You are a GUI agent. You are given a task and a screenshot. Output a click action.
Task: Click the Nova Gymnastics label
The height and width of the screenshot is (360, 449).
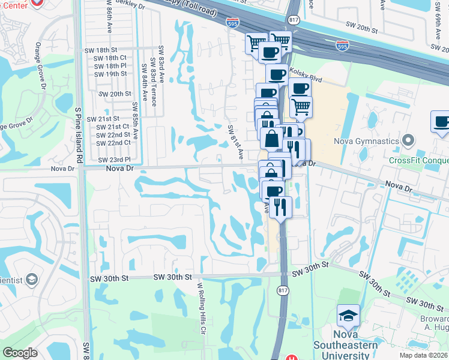tap(367, 142)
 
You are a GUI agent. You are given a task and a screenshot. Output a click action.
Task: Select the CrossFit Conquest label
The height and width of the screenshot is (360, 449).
tap(418, 160)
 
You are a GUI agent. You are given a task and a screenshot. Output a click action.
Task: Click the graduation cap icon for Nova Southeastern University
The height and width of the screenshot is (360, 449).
tap(348, 315)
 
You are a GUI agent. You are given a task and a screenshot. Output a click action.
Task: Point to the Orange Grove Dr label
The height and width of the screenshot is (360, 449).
tap(40, 67)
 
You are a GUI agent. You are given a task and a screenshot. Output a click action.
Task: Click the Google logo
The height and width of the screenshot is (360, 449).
tap(20, 353)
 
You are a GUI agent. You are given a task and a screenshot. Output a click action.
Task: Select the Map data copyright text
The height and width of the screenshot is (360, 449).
tap(424, 355)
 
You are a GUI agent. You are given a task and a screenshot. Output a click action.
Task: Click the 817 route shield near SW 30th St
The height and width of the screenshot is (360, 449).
tap(283, 290)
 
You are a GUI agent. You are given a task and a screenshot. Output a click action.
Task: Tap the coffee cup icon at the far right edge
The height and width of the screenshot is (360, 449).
tap(441, 122)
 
